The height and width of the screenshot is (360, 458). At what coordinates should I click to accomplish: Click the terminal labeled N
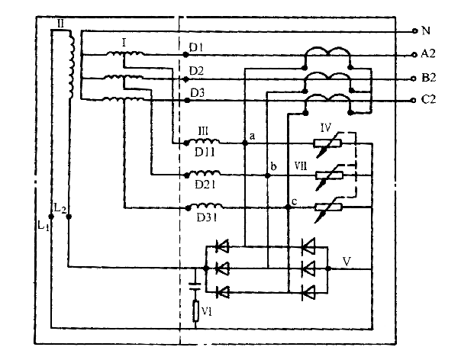pos(415,31)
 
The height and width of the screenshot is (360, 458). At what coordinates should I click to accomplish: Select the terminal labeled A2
pos(415,54)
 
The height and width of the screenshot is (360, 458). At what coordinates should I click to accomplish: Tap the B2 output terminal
pos(415,77)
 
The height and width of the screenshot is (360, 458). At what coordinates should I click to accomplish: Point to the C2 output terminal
pos(415,100)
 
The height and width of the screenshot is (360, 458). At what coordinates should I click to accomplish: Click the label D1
pos(196,48)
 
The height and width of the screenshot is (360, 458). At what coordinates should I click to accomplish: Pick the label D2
pos(196,71)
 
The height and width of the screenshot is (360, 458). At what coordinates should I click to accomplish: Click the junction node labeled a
pos(244,143)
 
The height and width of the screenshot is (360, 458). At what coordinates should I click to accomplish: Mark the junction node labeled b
pos(267,175)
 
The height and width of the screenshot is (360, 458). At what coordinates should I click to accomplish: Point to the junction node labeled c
pos(289,207)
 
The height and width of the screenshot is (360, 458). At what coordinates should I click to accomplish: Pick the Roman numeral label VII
pos(302,164)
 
